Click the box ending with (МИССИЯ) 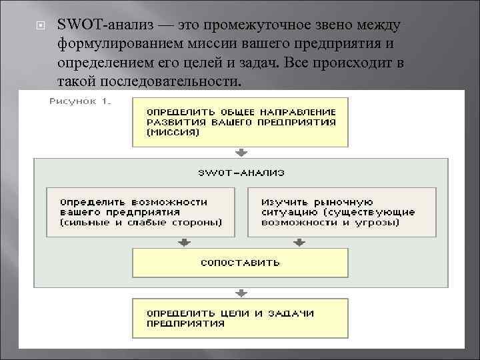[x=240, y=121]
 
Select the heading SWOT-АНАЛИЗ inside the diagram [x=241, y=172]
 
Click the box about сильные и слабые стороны [x=140, y=212]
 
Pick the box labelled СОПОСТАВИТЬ [x=240, y=262]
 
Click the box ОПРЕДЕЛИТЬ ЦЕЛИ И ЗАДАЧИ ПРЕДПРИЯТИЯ [x=240, y=318]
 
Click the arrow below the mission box [x=241, y=152]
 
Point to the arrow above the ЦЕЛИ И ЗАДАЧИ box [x=241, y=293]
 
